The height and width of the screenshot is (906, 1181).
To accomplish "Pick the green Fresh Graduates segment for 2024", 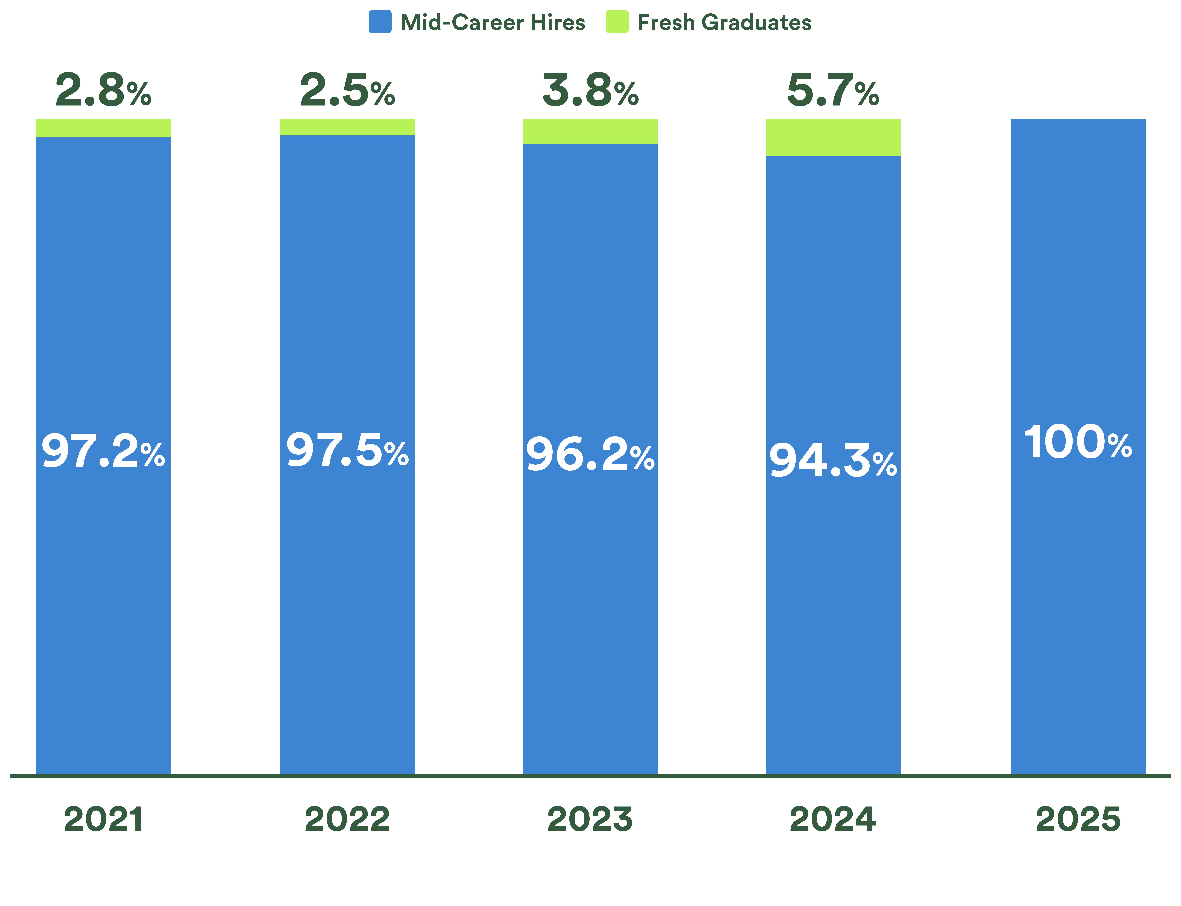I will [x=833, y=138].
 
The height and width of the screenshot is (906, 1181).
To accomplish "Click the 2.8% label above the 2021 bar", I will [x=103, y=91].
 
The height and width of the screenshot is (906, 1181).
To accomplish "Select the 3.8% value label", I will [x=590, y=91].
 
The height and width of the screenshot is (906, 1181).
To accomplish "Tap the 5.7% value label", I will [x=833, y=91].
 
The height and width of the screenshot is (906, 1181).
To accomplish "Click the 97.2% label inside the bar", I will [x=103, y=451].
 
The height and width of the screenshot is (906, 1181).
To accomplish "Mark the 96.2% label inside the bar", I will [x=590, y=455].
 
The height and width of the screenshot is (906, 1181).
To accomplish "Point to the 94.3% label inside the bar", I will [x=833, y=461].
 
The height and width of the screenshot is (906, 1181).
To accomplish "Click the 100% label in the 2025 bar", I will [x=1077, y=442].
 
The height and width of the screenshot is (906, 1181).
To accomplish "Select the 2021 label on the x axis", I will [x=103, y=820].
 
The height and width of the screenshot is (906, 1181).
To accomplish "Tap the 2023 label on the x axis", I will [x=590, y=820].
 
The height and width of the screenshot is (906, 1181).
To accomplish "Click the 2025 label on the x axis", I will [x=1077, y=820].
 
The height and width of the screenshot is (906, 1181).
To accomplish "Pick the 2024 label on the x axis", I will [x=833, y=820].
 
